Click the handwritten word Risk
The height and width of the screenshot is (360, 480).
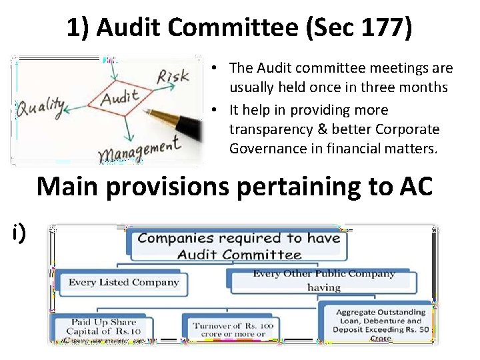click(x=173, y=77)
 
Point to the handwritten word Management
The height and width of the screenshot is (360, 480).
click(x=139, y=150)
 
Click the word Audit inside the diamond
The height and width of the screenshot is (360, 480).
click(x=119, y=99)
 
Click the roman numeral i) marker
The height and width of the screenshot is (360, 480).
click(x=18, y=231)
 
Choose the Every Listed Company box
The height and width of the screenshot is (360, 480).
click(x=123, y=282)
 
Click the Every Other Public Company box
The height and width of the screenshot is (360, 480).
click(x=324, y=280)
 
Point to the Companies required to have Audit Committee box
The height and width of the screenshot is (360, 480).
click(x=239, y=245)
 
